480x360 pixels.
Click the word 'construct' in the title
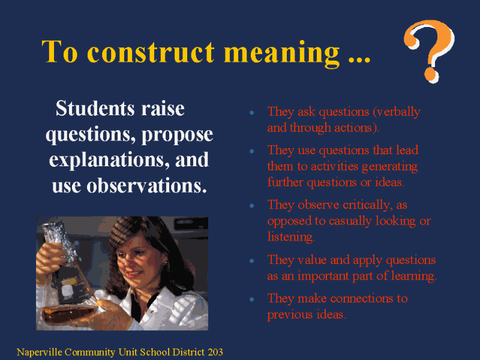151,52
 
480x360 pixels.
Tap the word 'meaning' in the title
282,53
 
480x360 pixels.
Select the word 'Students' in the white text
95,109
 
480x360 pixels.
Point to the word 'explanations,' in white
109,160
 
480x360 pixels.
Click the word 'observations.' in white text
146,186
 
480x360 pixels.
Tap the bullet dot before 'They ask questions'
252,113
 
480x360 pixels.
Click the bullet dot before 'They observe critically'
252,206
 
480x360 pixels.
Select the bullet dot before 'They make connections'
252,299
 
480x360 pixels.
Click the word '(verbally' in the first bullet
397,112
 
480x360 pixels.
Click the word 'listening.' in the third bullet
291,236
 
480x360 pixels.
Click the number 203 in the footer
215,352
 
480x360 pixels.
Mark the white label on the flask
67,290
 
